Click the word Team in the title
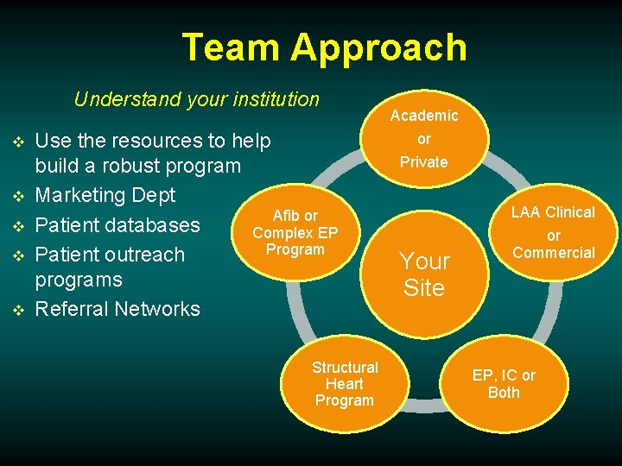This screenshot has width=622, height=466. (x=232, y=47)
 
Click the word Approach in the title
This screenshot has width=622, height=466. (x=379, y=49)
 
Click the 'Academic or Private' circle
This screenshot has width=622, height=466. (x=423, y=139)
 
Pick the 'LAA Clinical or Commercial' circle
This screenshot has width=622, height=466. (x=553, y=233)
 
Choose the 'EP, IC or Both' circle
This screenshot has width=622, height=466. (x=504, y=384)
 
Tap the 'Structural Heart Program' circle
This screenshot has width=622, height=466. (x=344, y=384)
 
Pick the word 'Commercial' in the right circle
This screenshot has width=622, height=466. (x=554, y=253)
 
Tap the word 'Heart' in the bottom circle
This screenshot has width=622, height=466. (x=344, y=384)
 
